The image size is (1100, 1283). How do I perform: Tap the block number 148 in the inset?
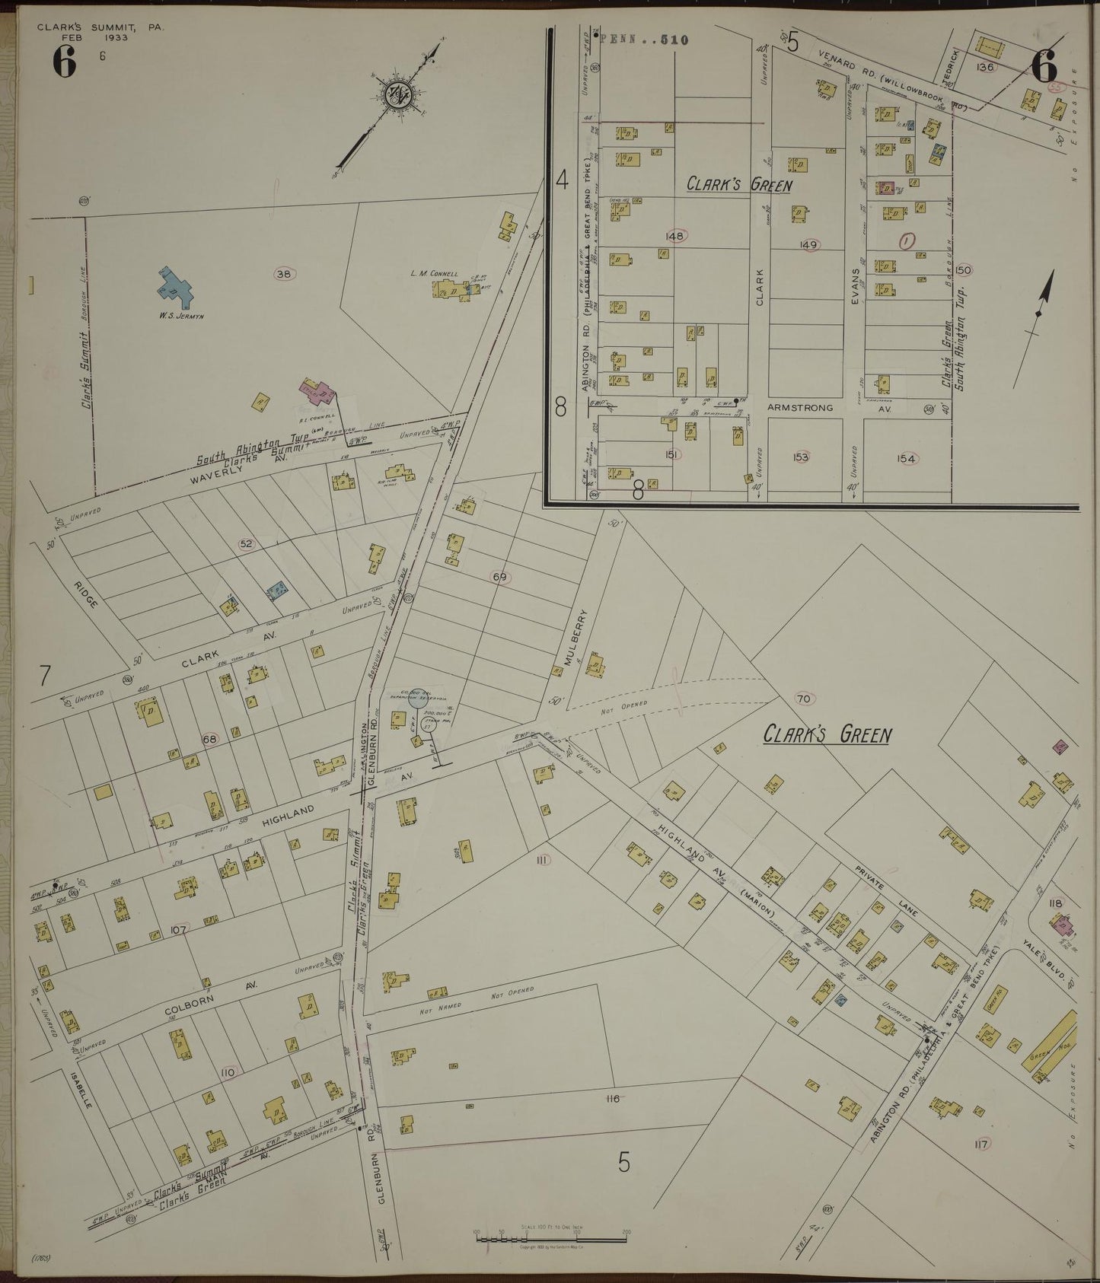674,236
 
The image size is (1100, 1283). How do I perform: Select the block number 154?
906,459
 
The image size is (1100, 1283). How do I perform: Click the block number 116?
614,1098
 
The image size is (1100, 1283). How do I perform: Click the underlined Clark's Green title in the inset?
739,185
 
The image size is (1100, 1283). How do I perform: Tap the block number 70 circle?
802,699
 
